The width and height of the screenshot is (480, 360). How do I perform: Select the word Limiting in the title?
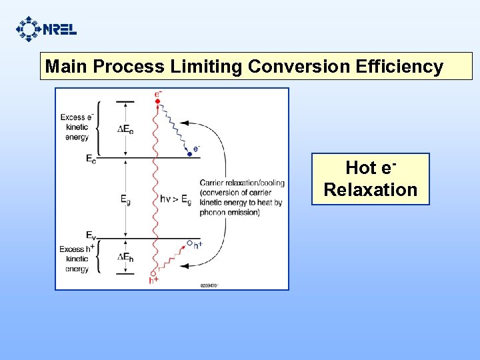click(206, 67)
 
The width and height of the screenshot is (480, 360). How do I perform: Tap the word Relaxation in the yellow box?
click(370, 190)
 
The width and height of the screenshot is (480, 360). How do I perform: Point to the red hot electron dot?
click(157, 101)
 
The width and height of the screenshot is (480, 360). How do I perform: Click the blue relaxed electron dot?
click(189, 154)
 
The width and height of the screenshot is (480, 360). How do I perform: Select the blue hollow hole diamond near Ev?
click(189, 243)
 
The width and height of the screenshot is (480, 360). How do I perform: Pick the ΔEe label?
click(125, 129)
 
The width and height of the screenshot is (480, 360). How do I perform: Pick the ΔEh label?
click(125, 257)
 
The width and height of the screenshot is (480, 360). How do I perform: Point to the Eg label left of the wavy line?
click(125, 198)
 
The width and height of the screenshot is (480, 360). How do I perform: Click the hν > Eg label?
click(176, 198)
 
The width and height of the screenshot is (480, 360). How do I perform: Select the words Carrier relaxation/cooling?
click(241, 183)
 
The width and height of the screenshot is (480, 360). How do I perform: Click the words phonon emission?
click(229, 213)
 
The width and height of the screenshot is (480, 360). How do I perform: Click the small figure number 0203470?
click(209, 285)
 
